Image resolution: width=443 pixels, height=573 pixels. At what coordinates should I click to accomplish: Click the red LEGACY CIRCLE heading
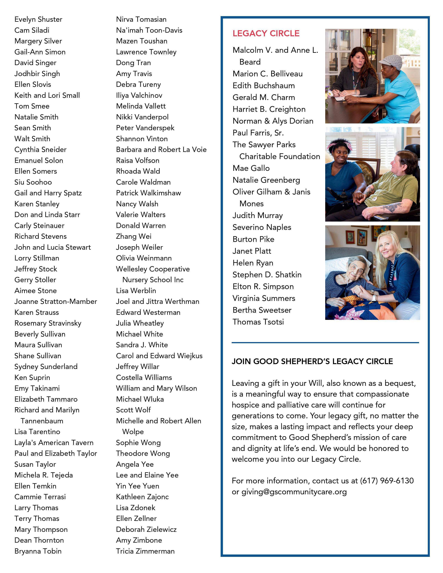tap(266, 34)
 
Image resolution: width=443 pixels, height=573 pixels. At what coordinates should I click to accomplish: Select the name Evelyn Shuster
tap(38, 19)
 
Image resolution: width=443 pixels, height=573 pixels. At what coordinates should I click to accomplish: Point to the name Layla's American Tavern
tap(54, 443)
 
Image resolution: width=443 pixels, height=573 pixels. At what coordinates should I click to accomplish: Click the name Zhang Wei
tap(134, 236)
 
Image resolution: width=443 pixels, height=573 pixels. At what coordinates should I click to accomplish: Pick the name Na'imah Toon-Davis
tap(149, 30)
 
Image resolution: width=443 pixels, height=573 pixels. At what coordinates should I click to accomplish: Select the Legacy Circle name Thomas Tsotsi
tap(258, 322)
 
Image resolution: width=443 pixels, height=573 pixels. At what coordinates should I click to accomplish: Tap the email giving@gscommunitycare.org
tap(294, 492)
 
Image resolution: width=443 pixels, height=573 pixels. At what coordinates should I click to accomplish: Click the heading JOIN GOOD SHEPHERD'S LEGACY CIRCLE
tap(312, 362)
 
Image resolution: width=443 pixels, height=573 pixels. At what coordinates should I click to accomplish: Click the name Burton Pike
tap(253, 239)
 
